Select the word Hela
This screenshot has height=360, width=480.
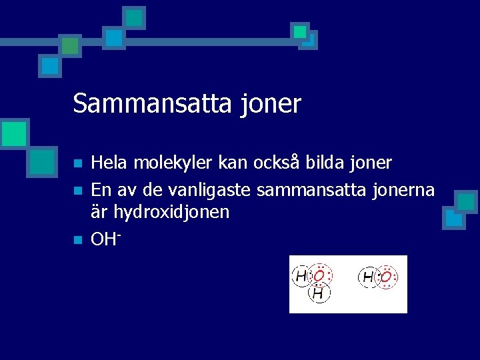coord(110,162)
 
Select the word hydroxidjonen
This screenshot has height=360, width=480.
coord(171,212)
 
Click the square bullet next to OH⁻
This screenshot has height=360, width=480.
coord(77,239)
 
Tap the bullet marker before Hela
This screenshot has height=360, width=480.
coord(77,163)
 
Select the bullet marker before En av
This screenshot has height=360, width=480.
coord(77,191)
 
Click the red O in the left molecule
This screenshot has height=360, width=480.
coord(320,275)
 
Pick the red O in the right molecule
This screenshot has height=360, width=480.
coord(386,276)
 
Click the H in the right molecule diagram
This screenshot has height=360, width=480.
coord(368,277)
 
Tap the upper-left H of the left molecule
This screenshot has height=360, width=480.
coord(301,275)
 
